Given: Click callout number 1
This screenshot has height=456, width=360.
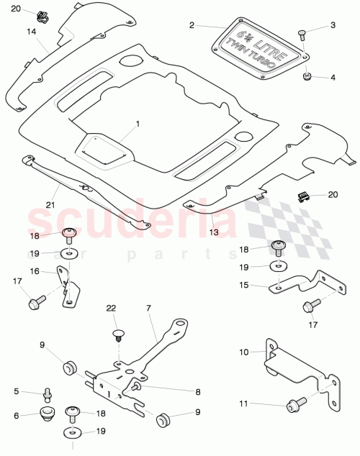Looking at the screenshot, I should click(138, 124).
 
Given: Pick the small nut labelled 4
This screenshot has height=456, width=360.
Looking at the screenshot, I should click(307, 76).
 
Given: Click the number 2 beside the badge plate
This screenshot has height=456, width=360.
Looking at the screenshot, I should click(192, 25).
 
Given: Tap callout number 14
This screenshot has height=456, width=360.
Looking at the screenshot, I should click(31, 32).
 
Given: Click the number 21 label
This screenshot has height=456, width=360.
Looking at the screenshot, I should click(30, 205).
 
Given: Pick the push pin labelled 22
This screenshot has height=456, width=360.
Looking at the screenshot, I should click(118, 332).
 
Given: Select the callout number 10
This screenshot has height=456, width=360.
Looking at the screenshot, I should click(243, 352).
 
